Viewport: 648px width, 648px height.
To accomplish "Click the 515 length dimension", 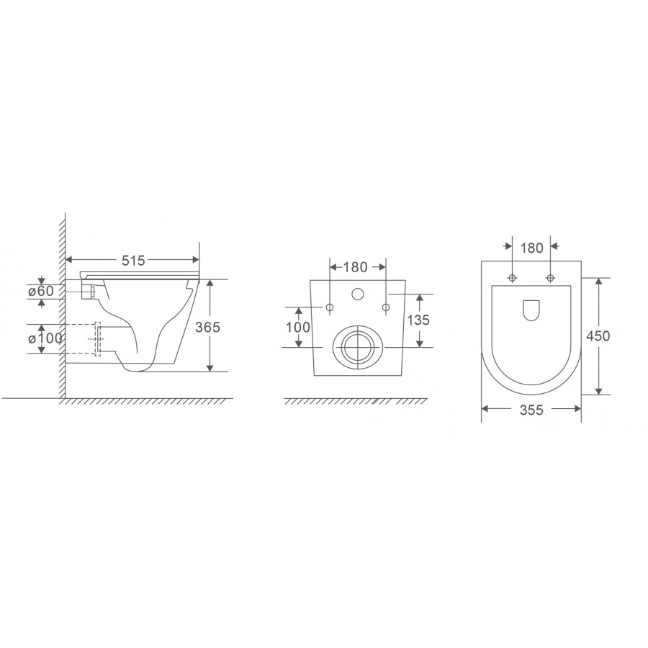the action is [133, 261].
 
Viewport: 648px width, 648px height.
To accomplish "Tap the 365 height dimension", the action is [208, 328].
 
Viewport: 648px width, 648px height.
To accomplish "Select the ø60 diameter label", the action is [41, 292].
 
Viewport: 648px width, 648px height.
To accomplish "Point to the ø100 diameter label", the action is [45, 339].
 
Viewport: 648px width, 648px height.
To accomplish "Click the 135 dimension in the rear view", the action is [418, 320].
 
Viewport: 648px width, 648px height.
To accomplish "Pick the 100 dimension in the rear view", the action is [298, 328].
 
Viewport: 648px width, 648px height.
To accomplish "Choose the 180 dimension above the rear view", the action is [356, 267].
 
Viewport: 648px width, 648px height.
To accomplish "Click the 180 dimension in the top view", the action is [531, 248].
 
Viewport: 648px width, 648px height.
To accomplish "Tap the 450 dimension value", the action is [598, 336].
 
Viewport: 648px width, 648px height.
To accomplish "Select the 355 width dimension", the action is [531, 410].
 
